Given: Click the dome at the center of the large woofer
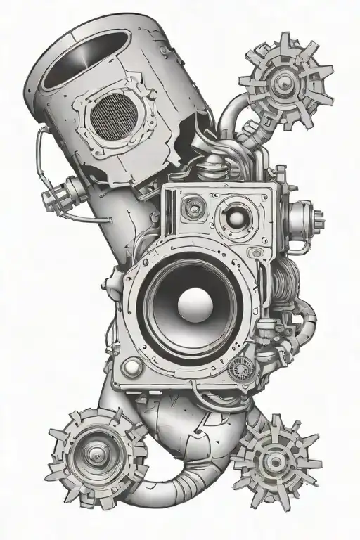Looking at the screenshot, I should (191, 307).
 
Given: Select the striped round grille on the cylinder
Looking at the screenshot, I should (117, 116).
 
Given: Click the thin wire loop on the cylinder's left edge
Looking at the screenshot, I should (41, 151).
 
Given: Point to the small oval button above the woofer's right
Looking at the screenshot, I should (257, 252).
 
